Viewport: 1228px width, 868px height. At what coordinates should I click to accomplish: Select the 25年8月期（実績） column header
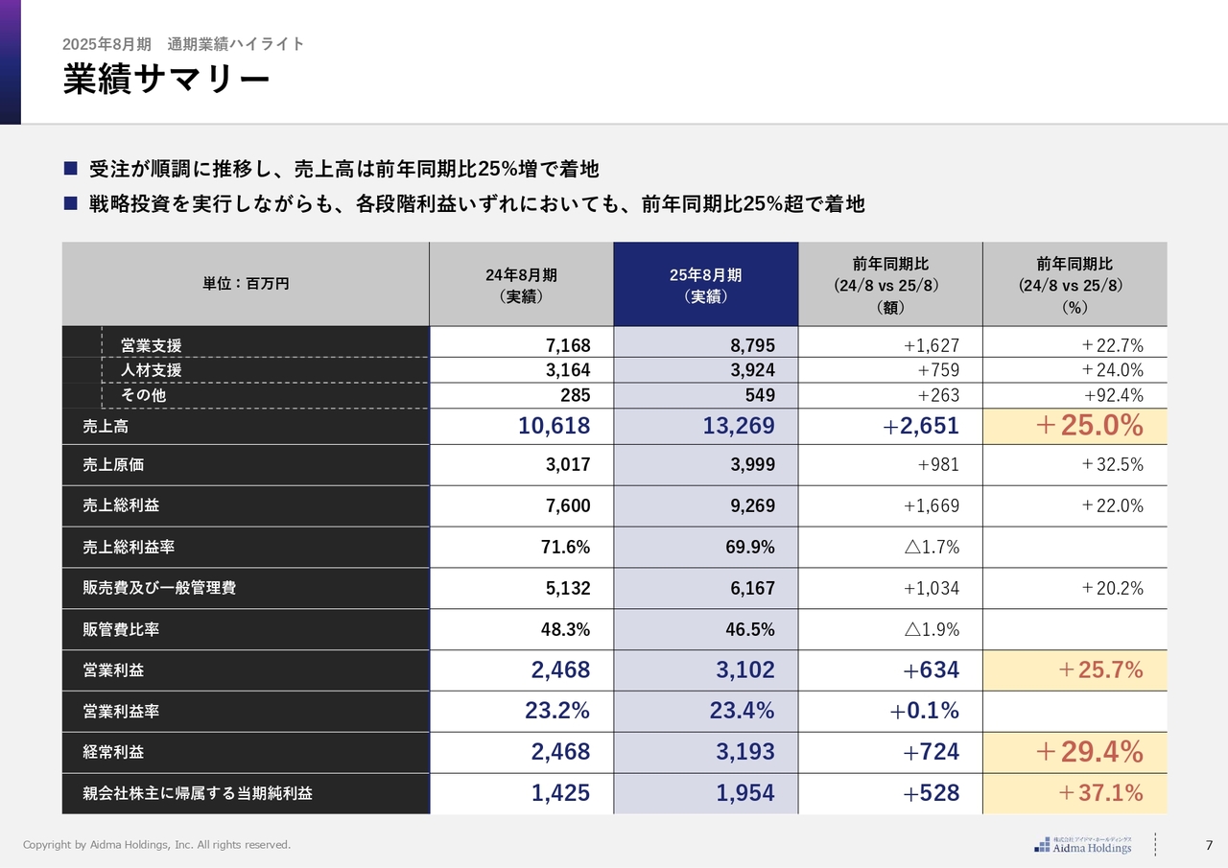tap(705, 285)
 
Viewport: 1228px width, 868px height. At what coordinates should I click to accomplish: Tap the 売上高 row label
tap(106, 427)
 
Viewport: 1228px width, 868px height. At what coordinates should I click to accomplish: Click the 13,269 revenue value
tap(738, 426)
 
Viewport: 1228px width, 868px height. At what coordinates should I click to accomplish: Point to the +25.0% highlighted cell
tap(1089, 426)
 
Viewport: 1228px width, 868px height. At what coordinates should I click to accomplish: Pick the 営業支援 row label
tap(151, 345)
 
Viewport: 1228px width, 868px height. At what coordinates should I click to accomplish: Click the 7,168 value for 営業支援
tap(568, 345)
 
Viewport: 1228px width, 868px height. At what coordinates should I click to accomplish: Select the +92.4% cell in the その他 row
tap(1113, 395)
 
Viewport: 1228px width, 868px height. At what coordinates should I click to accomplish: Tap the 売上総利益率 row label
tap(129, 548)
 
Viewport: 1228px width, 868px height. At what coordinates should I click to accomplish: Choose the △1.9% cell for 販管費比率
tap(931, 630)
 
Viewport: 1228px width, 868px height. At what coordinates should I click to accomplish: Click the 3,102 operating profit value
tap(744, 670)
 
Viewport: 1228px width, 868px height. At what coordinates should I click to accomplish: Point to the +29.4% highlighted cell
tap(1089, 753)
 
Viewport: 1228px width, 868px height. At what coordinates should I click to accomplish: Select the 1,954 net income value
tap(744, 793)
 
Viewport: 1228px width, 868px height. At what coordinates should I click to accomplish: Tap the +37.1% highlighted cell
tap(1099, 793)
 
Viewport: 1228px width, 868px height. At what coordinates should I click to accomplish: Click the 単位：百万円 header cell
tap(246, 284)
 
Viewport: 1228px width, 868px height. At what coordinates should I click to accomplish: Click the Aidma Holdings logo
tap(1083, 845)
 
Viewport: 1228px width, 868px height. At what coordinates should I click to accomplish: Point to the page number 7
tap(1209, 845)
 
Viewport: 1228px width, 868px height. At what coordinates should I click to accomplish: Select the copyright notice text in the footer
tap(156, 845)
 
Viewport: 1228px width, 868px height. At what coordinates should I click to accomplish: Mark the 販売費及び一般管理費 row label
tap(159, 589)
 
